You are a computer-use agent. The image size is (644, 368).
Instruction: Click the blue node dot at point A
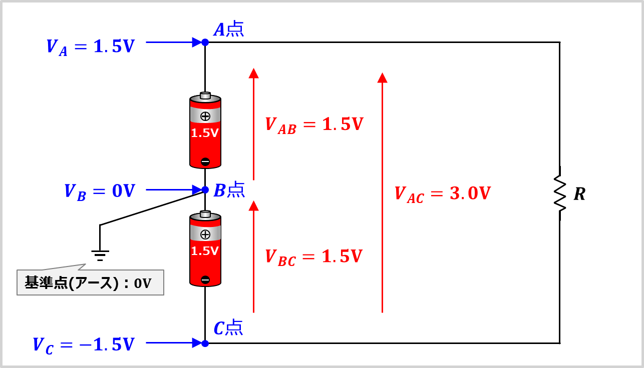205,42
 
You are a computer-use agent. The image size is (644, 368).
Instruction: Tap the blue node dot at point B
205,189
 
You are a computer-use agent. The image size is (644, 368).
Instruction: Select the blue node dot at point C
205,343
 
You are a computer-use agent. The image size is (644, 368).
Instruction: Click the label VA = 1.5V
91,47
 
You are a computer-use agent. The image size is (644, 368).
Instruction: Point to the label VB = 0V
100,192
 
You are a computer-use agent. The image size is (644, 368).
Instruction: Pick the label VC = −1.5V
84,345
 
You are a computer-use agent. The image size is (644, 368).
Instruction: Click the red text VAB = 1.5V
314,125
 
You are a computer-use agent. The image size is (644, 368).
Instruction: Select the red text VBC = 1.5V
313,257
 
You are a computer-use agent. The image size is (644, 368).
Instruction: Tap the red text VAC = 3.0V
443,194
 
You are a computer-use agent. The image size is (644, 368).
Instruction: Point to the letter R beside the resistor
579,194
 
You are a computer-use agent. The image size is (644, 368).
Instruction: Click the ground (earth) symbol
100,255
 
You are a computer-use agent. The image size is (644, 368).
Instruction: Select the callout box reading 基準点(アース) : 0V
90,282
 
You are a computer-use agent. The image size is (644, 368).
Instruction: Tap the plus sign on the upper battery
205,116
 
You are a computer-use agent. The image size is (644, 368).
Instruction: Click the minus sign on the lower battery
205,279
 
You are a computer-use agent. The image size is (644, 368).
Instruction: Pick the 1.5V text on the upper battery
205,133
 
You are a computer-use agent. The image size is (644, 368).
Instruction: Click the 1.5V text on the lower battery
205,251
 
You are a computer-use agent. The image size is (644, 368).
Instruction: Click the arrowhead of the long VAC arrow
383,77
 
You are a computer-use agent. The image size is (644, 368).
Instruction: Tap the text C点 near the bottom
228,327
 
